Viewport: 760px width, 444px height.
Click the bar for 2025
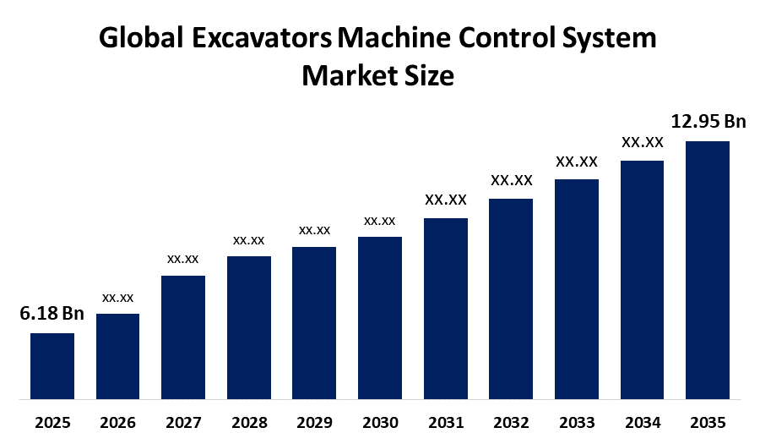point(52,365)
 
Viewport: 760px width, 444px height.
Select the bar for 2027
point(183,337)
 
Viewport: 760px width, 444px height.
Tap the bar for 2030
point(379,317)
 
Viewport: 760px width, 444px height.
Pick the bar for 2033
point(576,288)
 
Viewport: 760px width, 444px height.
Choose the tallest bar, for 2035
point(707,269)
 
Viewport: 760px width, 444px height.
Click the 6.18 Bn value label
point(52,314)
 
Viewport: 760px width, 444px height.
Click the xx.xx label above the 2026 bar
point(117,298)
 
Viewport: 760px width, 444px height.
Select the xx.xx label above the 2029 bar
point(314,230)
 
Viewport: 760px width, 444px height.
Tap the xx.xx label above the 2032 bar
point(511,180)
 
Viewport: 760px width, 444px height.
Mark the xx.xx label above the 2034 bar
point(642,142)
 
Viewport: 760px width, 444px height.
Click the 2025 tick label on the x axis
point(52,422)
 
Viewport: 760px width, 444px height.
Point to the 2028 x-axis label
point(248,422)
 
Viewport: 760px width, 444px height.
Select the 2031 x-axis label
point(445,422)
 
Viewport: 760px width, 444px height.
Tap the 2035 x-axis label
point(707,422)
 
